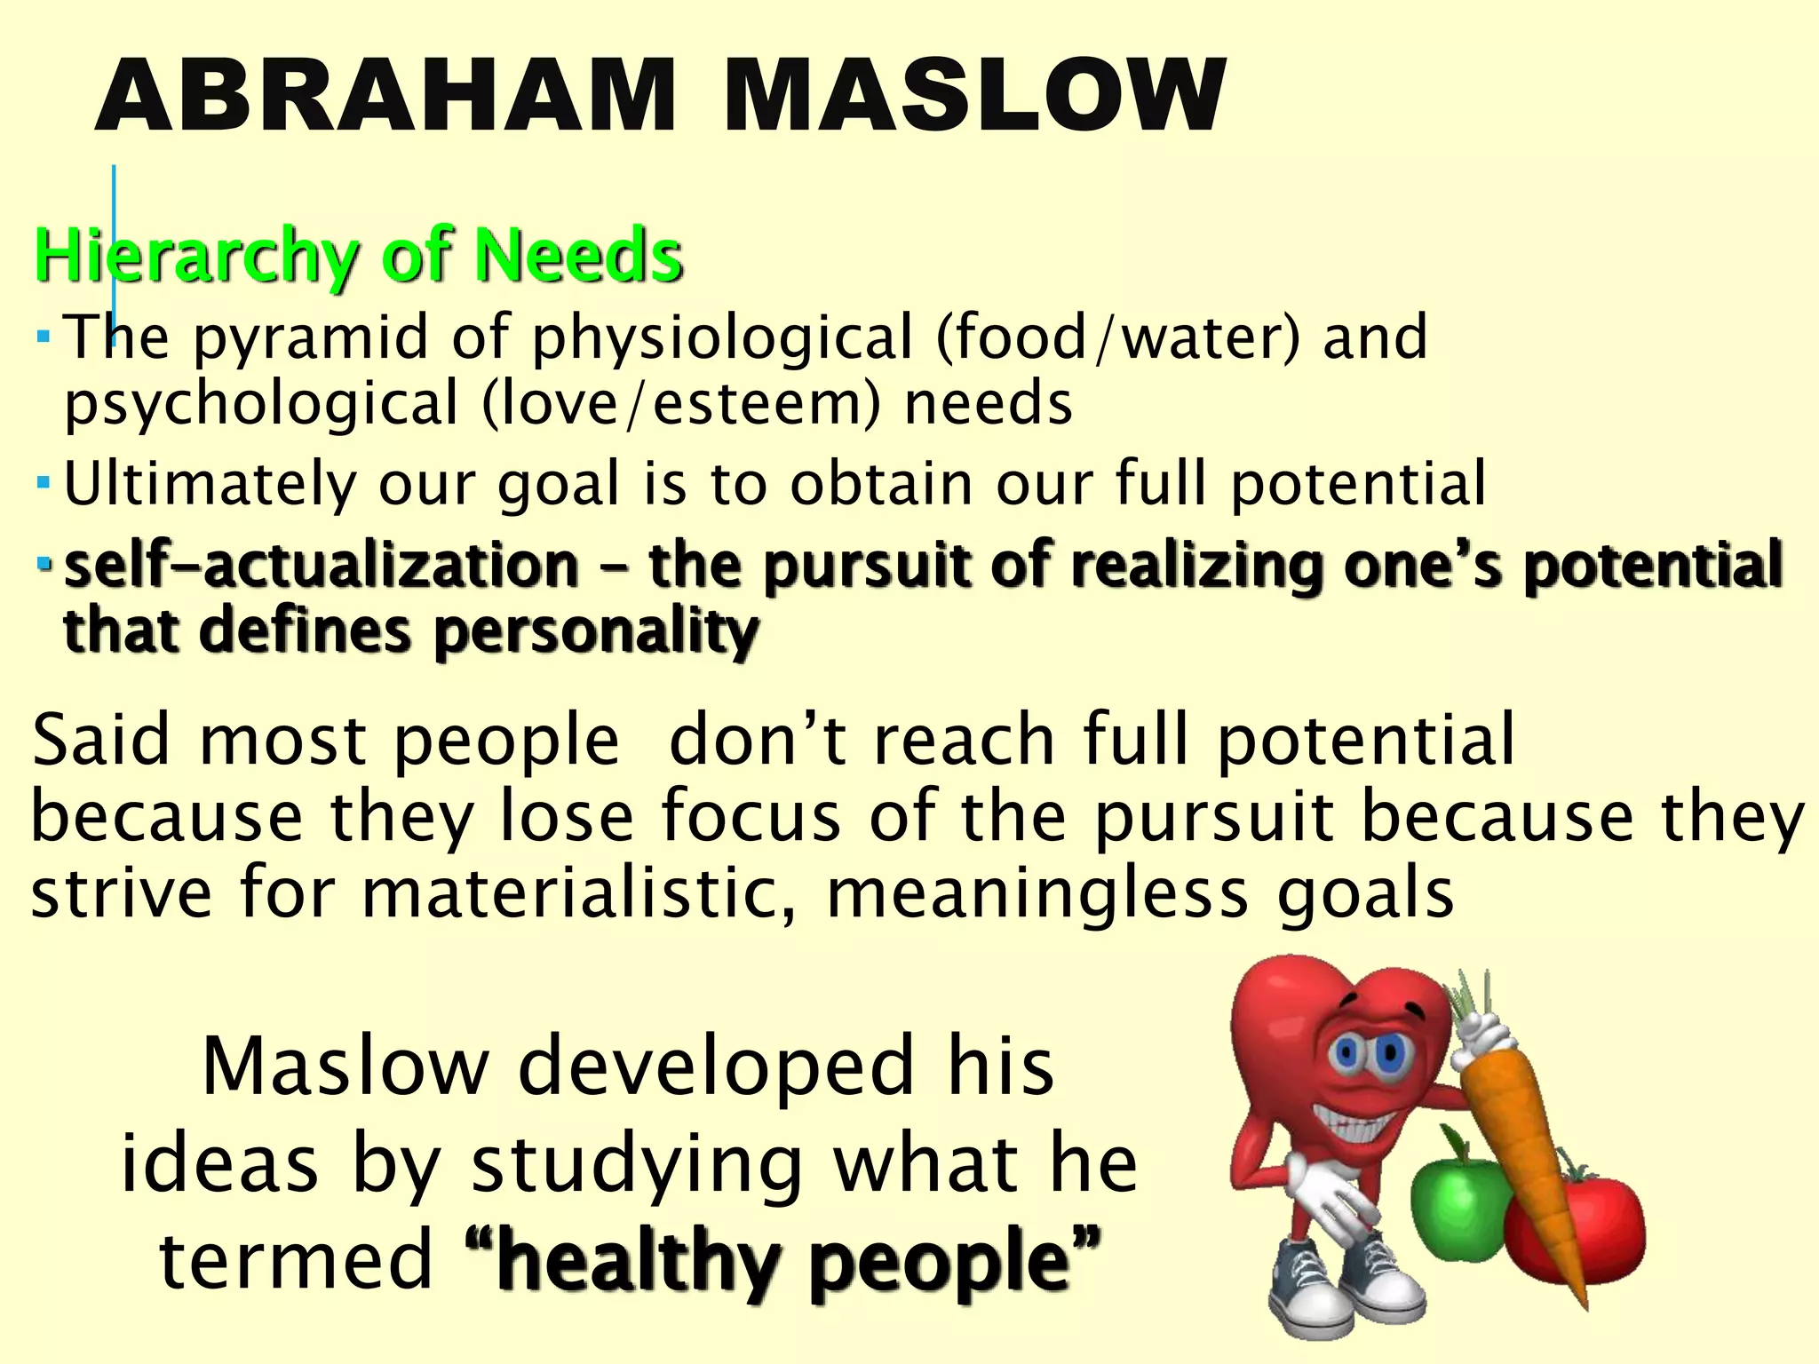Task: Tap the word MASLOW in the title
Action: pyautogui.click(x=974, y=96)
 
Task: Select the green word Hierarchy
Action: pyautogui.click(x=195, y=258)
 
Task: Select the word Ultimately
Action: pyautogui.click(x=209, y=485)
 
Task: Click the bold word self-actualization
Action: pyautogui.click(x=322, y=566)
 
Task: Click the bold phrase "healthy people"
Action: pyautogui.click(x=782, y=1262)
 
